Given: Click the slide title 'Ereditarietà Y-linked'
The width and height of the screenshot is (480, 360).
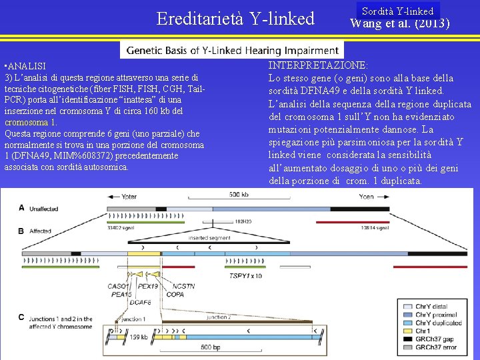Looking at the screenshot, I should (x=235, y=19).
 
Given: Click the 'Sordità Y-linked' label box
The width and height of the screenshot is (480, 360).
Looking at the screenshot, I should (x=397, y=11).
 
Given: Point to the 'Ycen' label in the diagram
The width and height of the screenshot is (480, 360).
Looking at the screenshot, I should (x=366, y=197).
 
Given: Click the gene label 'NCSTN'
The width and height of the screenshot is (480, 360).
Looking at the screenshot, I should (x=184, y=286).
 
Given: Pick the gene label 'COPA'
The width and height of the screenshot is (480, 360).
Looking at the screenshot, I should (x=175, y=294).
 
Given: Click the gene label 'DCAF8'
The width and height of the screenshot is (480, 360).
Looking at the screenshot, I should (x=141, y=302).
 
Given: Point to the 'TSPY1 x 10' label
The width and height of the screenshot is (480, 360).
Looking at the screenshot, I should (x=247, y=275).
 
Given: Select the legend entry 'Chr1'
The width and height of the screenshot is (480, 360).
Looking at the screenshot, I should (x=424, y=331).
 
